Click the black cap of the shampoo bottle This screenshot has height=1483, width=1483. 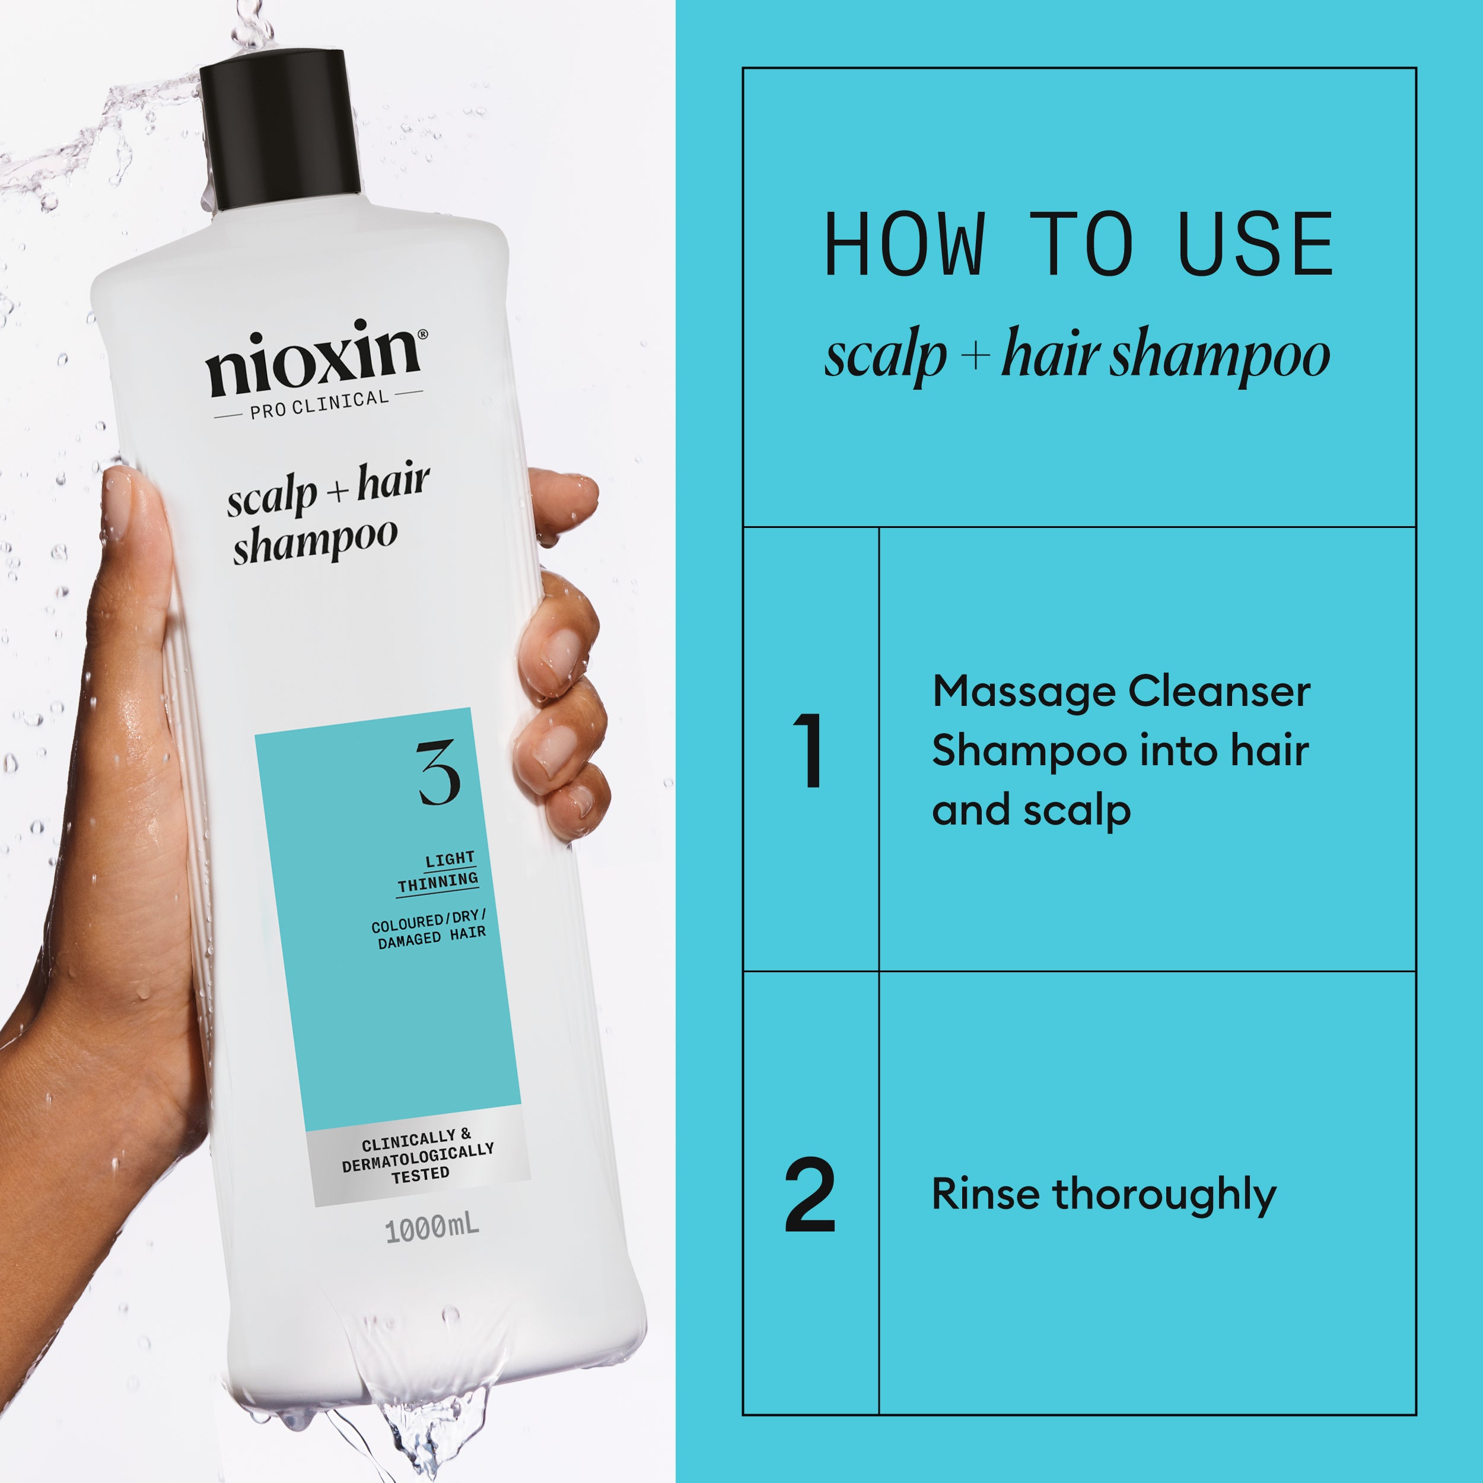click(x=280, y=131)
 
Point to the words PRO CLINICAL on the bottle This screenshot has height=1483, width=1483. click(x=319, y=405)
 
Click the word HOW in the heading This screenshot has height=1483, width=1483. click(x=903, y=245)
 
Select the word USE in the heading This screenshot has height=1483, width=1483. click(x=1256, y=245)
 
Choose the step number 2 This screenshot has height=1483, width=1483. click(x=810, y=1195)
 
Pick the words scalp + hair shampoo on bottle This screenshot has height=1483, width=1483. click(x=326, y=513)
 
